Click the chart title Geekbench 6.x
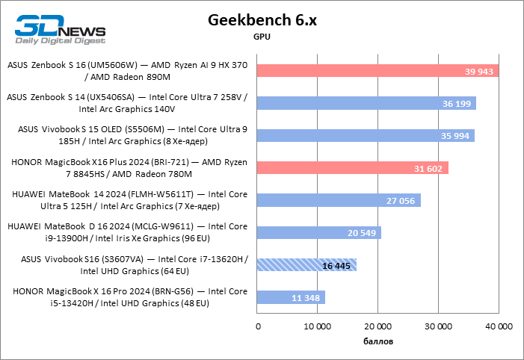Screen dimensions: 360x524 (x=262, y=20)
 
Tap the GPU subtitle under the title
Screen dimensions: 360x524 (x=262, y=37)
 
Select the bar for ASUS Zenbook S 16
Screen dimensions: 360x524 (x=377, y=71)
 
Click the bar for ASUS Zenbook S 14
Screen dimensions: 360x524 (x=366, y=103)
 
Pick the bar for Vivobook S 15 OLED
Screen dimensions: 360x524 (x=366, y=135)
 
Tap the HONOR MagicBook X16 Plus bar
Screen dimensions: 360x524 (x=352, y=168)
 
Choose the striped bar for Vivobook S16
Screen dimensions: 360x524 (x=306, y=264)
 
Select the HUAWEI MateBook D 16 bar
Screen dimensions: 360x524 (x=318, y=232)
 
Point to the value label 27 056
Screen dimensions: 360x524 (x=401, y=200)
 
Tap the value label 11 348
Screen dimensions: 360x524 (x=306, y=297)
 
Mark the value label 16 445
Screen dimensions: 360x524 (x=337, y=265)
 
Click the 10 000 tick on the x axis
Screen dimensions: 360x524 (x=317, y=326)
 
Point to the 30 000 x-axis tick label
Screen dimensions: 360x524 (x=438, y=326)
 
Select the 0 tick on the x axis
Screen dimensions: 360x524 (x=258, y=326)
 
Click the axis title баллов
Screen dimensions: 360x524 (x=377, y=342)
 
